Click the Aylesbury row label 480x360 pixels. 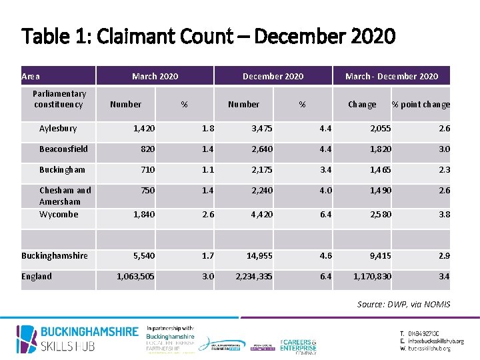click(x=58, y=129)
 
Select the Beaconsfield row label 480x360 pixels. click(x=63, y=149)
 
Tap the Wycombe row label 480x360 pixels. click(x=59, y=215)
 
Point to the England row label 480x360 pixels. click(x=37, y=277)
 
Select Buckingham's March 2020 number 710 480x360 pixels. click(x=147, y=170)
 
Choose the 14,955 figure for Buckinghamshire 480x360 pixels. click(x=259, y=256)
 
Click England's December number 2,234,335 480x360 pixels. click(x=253, y=277)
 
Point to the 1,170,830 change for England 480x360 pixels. click(x=373, y=277)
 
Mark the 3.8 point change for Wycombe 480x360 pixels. click(x=444, y=215)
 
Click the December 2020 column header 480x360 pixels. click(x=273, y=77)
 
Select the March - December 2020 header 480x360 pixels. click(x=391, y=77)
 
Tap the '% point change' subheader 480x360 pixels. click(x=421, y=105)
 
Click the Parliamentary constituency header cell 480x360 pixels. click(x=59, y=99)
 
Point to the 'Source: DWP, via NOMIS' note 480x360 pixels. click(x=403, y=305)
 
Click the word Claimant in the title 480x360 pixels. click(x=139, y=35)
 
